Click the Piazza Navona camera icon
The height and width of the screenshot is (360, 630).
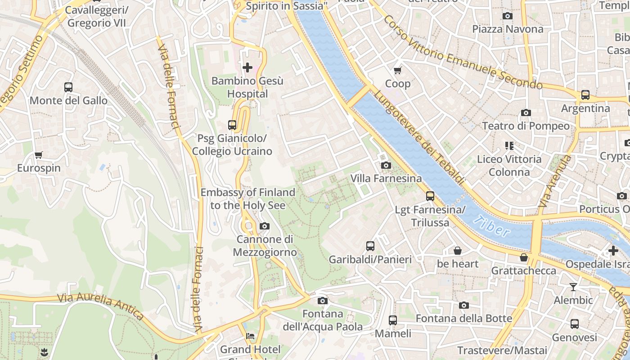point(507,16)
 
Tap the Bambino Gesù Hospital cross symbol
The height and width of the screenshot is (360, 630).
point(247,68)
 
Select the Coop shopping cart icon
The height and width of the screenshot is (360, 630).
point(398,70)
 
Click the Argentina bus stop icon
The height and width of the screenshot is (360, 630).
point(585,95)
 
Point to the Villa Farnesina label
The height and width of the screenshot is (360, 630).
point(386,179)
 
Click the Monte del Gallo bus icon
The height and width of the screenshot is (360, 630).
point(68,87)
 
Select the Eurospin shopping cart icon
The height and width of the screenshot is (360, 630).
point(39,155)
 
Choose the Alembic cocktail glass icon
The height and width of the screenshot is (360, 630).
point(573,287)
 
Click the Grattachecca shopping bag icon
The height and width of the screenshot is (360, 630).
point(523,257)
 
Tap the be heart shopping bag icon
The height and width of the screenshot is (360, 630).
point(458,251)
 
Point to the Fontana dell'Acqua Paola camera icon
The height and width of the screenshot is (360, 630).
point(322,301)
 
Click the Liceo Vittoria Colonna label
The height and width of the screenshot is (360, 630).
point(509,165)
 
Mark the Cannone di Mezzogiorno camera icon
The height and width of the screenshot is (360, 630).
point(265,226)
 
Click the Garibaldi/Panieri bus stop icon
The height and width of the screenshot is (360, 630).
point(370,246)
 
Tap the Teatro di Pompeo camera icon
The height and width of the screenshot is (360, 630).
point(526,112)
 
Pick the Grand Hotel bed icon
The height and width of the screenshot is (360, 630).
point(250,336)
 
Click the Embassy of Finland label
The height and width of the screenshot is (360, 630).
point(247,198)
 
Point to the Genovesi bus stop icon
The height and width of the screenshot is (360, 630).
point(574,324)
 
